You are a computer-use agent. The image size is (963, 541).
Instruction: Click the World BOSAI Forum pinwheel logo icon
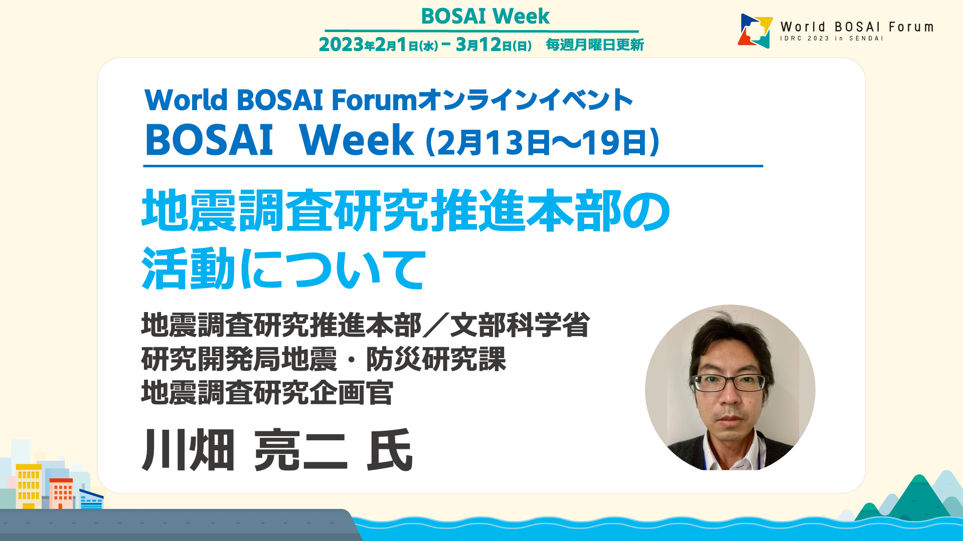pyautogui.click(x=755, y=31)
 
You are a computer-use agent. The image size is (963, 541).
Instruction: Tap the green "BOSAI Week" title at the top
pyautogui.click(x=485, y=16)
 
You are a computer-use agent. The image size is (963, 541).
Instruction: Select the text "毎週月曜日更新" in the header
pyautogui.click(x=595, y=45)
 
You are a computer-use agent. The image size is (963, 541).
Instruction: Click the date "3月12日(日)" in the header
pyautogui.click(x=494, y=45)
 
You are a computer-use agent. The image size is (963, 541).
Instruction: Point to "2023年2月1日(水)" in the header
pyautogui.click(x=378, y=45)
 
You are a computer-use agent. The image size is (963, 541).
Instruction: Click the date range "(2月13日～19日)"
pyautogui.click(x=542, y=142)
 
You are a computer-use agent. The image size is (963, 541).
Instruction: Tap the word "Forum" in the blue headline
pyautogui.click(x=374, y=100)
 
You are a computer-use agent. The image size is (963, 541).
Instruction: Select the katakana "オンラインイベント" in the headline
pyautogui.click(x=525, y=100)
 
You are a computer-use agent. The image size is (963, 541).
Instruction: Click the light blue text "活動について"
pyautogui.click(x=284, y=269)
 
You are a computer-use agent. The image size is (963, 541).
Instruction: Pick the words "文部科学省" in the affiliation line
pyautogui.click(x=520, y=325)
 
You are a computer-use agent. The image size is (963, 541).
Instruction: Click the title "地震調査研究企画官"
pyautogui.click(x=267, y=392)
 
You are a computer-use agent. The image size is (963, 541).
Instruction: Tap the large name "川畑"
pyautogui.click(x=189, y=450)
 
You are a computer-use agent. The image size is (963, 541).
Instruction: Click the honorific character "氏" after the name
pyautogui.click(x=390, y=450)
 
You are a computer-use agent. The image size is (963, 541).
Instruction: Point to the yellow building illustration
pyautogui.click(x=29, y=486)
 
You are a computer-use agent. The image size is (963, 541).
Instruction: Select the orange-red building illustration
pyautogui.click(x=61, y=493)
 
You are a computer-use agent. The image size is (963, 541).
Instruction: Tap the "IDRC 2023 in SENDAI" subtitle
pyautogui.click(x=832, y=39)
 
